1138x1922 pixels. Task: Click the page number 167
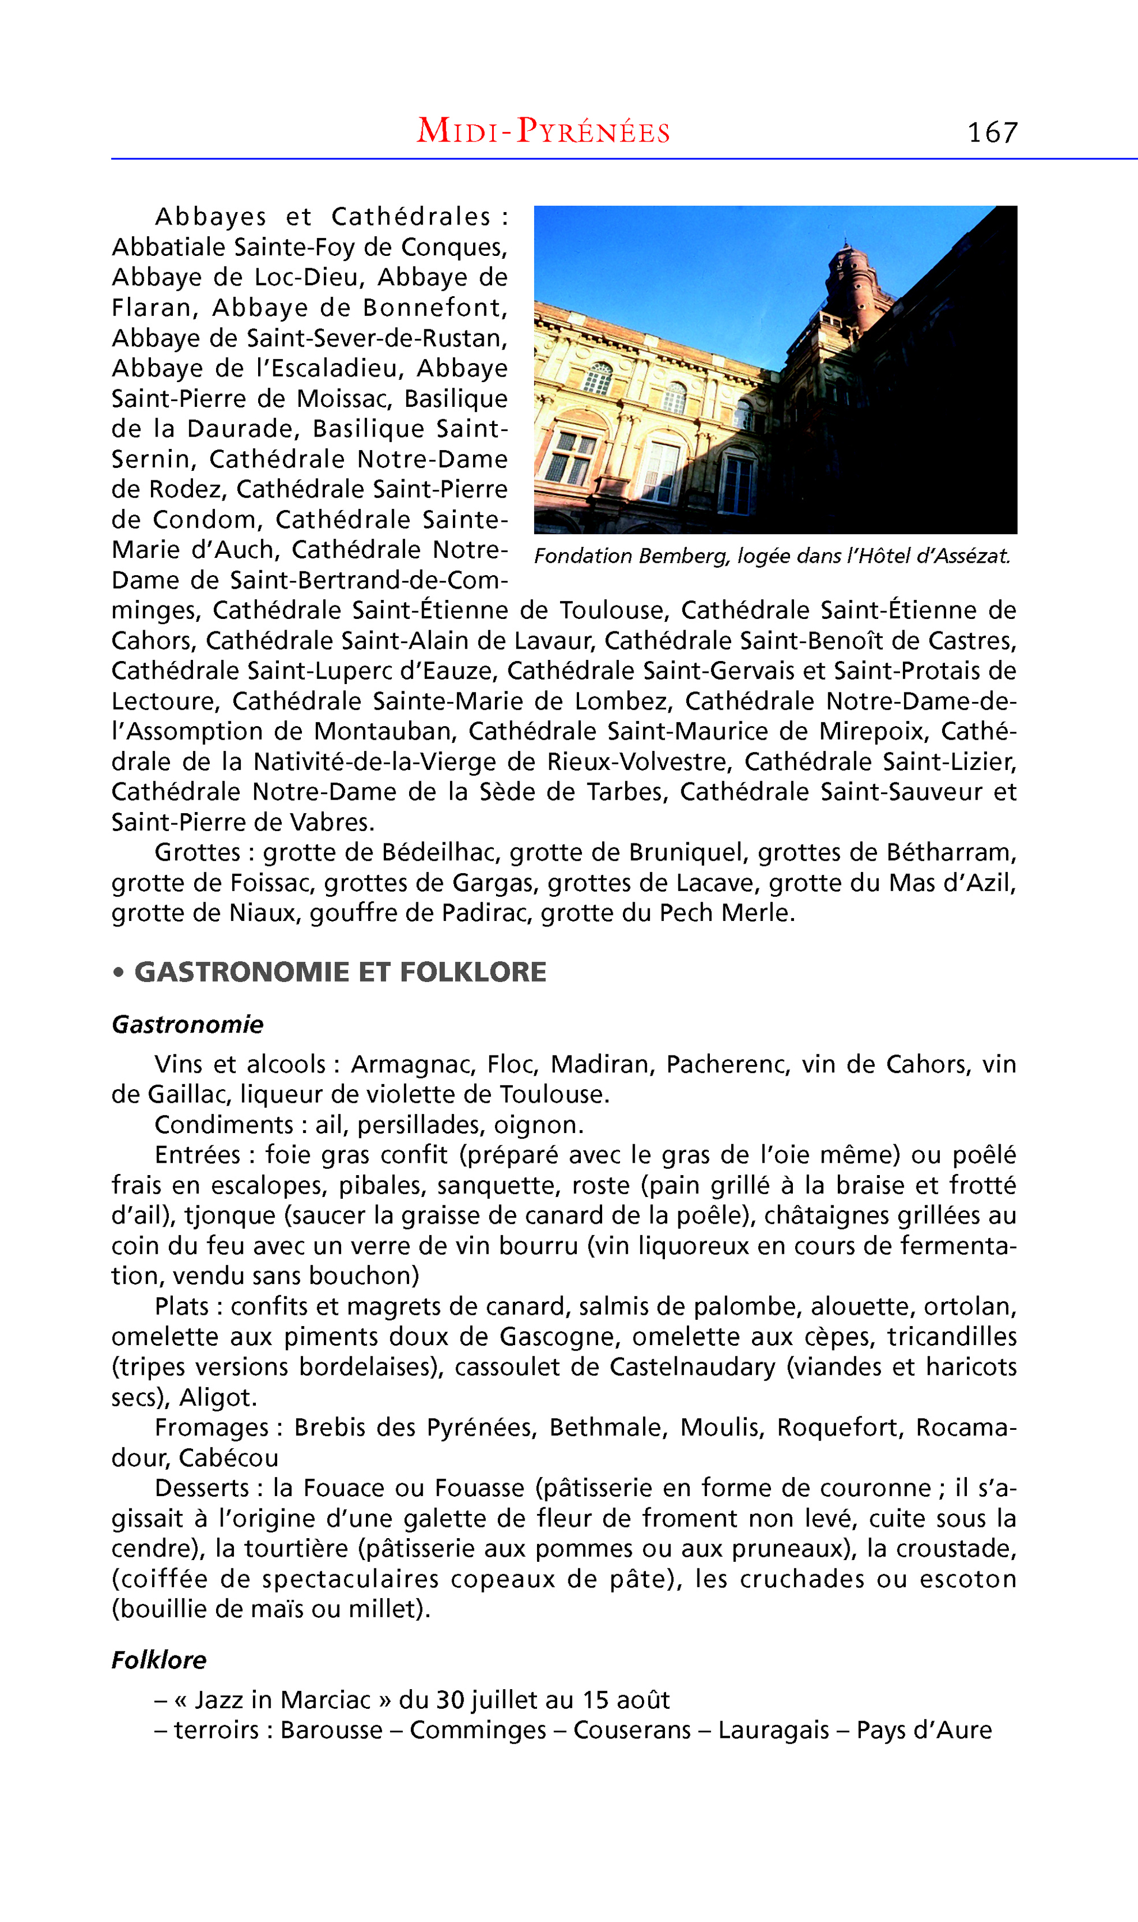pyautogui.click(x=992, y=132)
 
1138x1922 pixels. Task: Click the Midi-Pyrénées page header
pyautogui.click(x=543, y=131)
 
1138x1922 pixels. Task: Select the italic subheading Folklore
pyautogui.click(x=159, y=1660)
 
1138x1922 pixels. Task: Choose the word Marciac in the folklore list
pyautogui.click(x=325, y=1700)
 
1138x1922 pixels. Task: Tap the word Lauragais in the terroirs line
pyautogui.click(x=773, y=1730)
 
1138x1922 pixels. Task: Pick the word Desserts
pyautogui.click(x=201, y=1488)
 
